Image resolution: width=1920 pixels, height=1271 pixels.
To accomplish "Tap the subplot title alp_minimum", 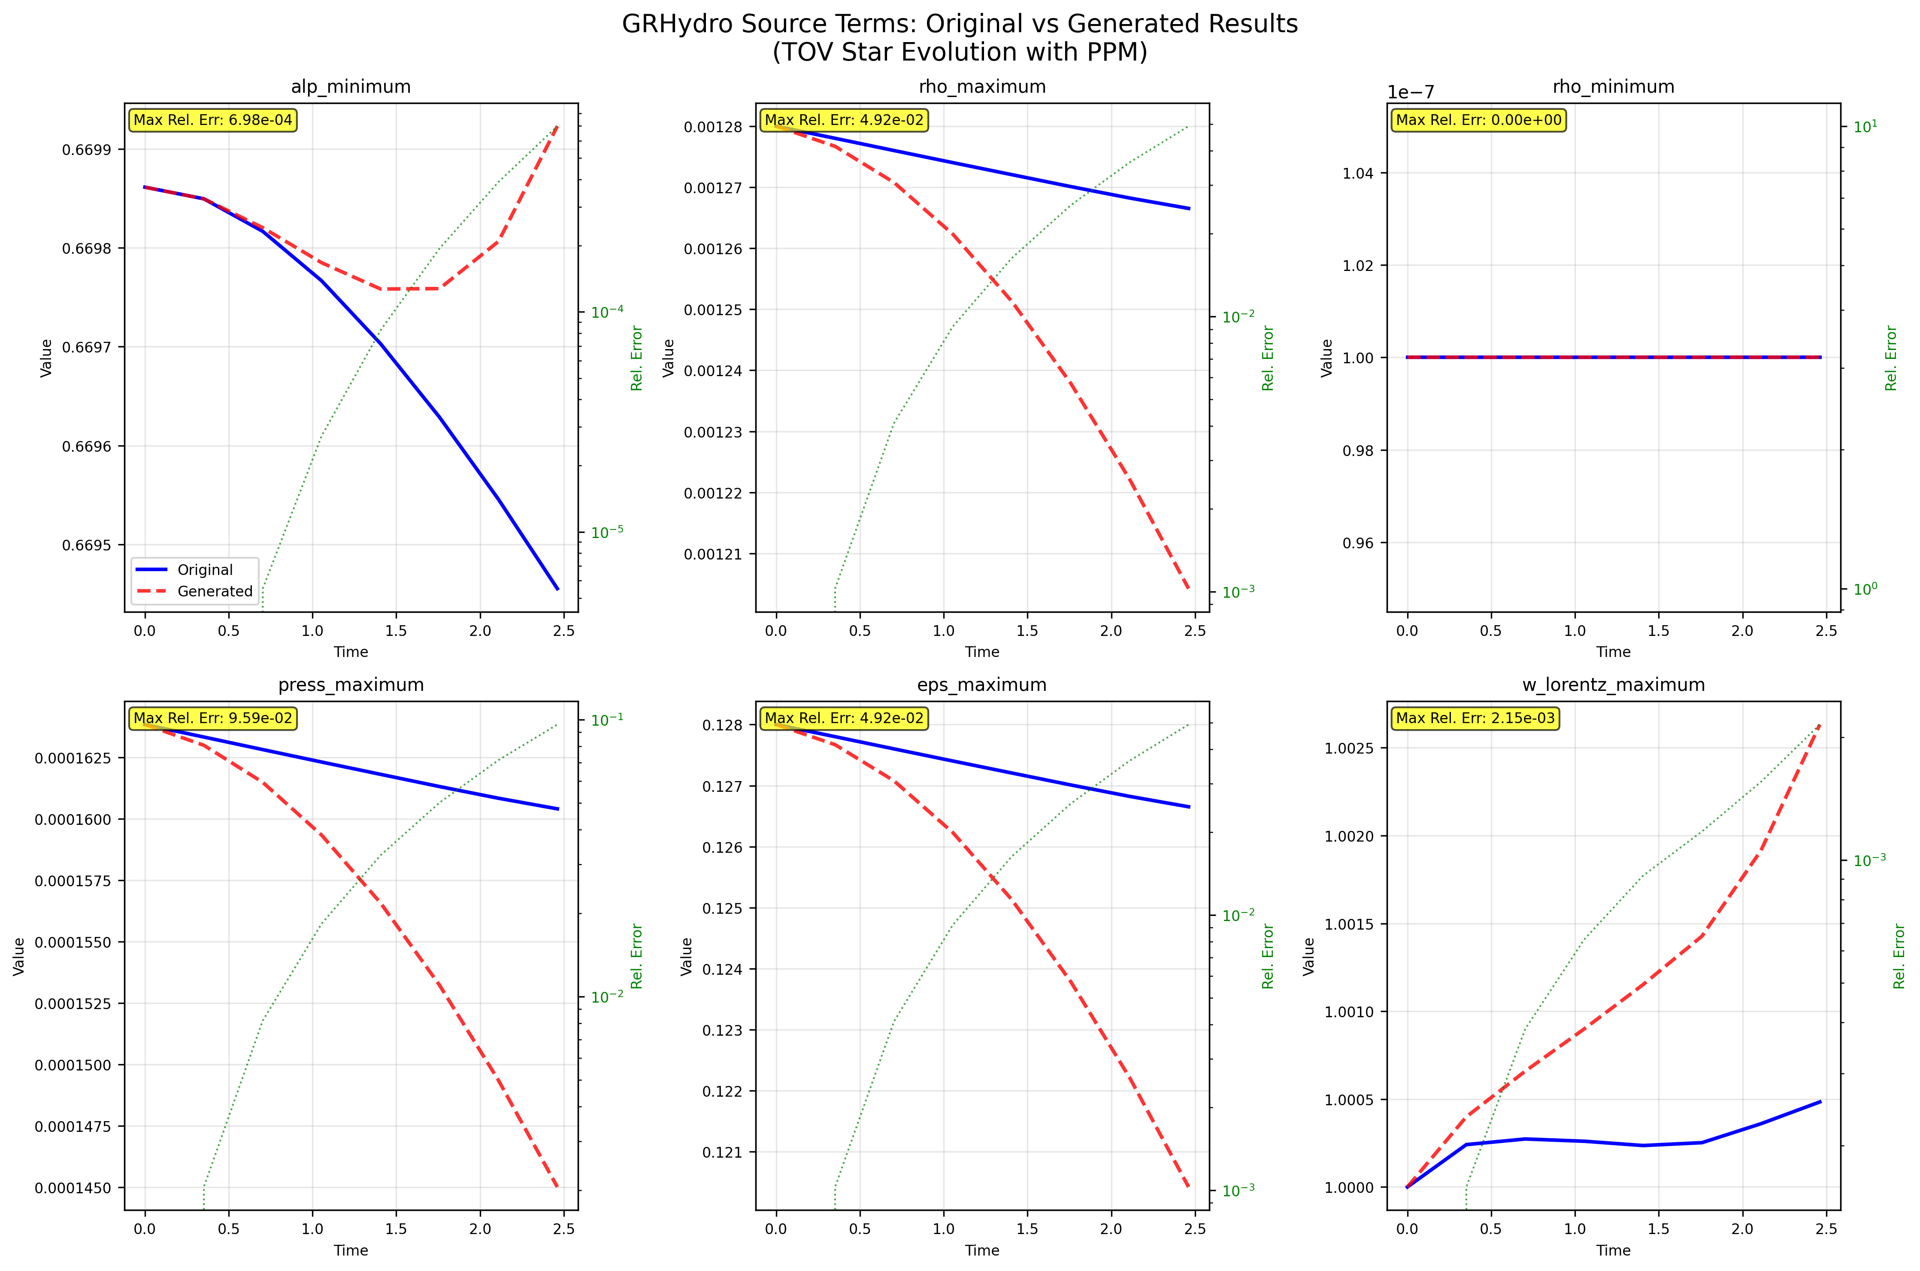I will [x=351, y=87].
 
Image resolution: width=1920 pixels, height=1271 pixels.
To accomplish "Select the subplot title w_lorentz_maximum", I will [x=1613, y=685].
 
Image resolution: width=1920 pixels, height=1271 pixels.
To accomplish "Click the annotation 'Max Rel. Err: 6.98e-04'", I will [x=213, y=120].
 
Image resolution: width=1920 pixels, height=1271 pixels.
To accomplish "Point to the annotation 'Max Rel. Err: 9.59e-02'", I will [x=213, y=718].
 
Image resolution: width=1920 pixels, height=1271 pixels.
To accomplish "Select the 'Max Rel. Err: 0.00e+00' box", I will [x=1478, y=120].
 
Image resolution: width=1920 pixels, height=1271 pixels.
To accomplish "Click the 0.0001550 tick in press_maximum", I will [x=68, y=943].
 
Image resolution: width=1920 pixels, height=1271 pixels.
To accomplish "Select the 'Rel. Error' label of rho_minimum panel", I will [x=1891, y=358].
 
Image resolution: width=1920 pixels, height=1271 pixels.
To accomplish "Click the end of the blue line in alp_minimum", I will [x=557, y=589].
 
